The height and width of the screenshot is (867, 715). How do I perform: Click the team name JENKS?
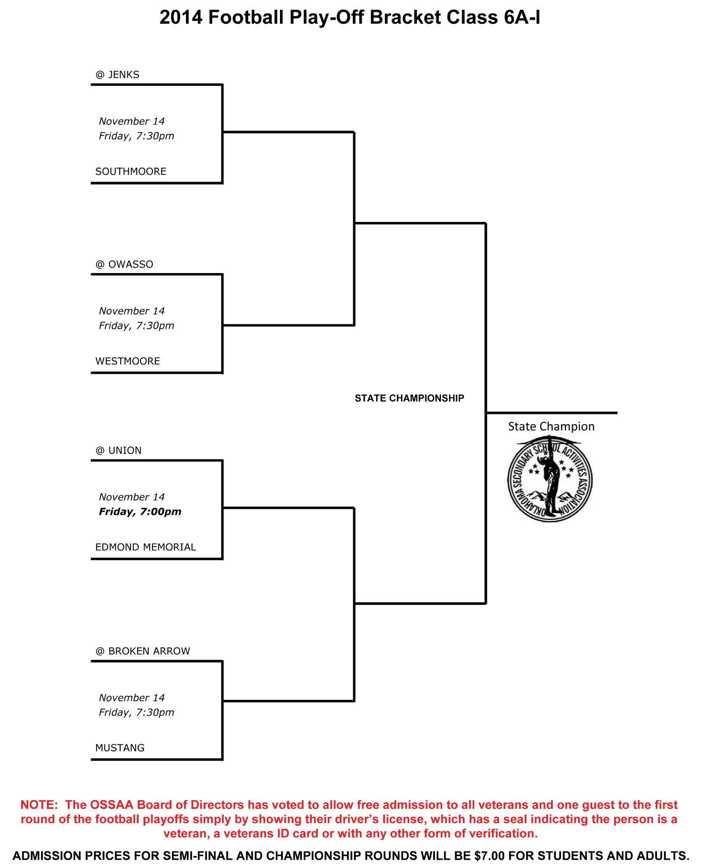tap(123, 75)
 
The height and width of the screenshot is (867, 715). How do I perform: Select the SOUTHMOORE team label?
tap(130, 171)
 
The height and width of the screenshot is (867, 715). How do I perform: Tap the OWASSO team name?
tap(130, 265)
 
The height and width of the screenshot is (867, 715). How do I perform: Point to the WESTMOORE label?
tap(127, 361)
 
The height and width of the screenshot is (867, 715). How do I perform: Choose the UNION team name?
tap(125, 450)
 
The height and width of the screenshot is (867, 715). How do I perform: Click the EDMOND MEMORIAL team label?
tap(145, 547)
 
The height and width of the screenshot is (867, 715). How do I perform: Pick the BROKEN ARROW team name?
tap(149, 651)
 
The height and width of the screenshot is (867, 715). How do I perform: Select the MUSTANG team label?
tap(120, 748)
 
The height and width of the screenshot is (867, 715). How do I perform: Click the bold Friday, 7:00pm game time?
tap(140, 512)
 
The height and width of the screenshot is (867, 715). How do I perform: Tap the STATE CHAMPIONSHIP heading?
tap(409, 398)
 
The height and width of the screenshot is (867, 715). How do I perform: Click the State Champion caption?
tap(551, 426)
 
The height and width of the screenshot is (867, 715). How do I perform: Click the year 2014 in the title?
tap(180, 18)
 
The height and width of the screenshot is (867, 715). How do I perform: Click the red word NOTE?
tap(39, 805)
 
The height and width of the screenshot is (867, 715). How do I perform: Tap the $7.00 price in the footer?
tap(490, 856)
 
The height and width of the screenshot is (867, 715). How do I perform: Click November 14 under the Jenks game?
tap(131, 121)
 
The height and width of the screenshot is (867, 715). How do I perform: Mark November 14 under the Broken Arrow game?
tap(131, 698)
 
